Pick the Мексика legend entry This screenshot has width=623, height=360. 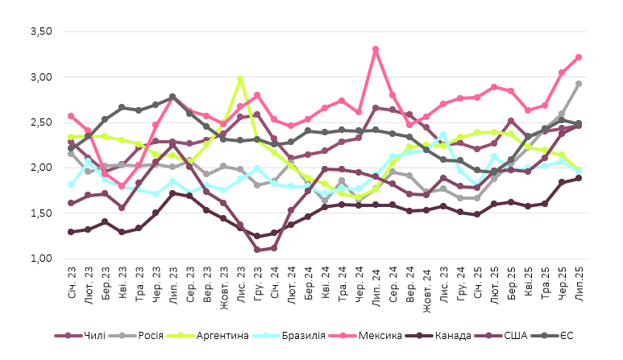pos(376,335)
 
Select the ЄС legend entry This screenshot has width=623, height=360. pos(567,335)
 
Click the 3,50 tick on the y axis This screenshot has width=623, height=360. pos(40,31)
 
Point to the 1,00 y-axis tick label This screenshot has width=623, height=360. pos(40,259)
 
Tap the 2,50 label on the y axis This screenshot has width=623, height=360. pos(40,122)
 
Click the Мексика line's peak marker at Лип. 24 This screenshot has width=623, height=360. pos(376,50)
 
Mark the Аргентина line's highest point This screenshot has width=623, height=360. pos(240,79)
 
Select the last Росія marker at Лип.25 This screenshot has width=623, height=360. pos(579,84)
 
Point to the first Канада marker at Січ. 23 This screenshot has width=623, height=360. pos(71,232)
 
